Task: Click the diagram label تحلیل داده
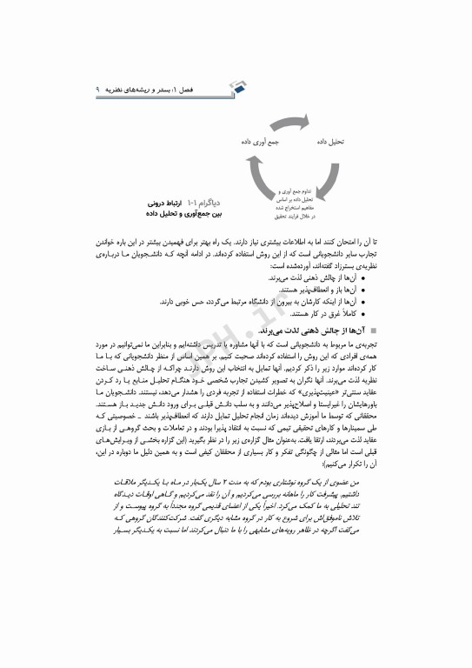(331, 138)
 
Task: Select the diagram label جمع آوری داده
(259, 138)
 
